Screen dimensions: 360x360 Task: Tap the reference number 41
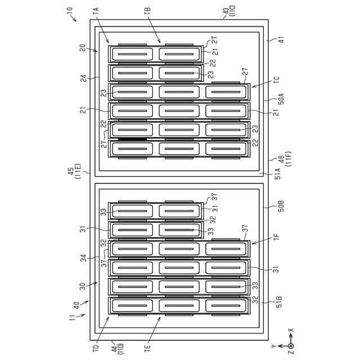276,41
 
